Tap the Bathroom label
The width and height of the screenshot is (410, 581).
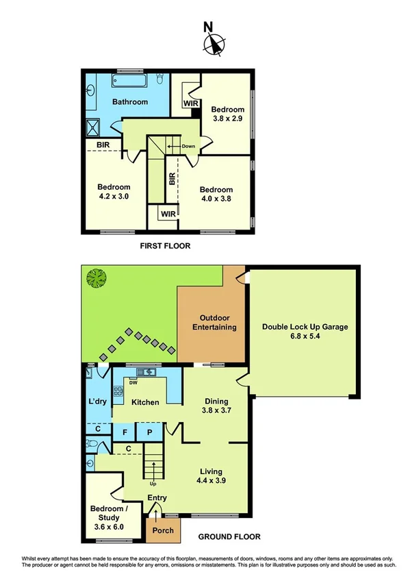[x=130, y=102]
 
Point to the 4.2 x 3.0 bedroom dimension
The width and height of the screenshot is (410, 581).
[x=114, y=196]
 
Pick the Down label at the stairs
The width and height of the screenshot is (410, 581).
[x=189, y=146]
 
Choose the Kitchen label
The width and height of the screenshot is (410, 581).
[x=145, y=402]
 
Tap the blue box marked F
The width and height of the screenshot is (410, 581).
[x=125, y=432]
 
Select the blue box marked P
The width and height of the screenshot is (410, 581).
[x=149, y=432]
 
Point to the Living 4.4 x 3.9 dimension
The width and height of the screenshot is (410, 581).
[x=214, y=481]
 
